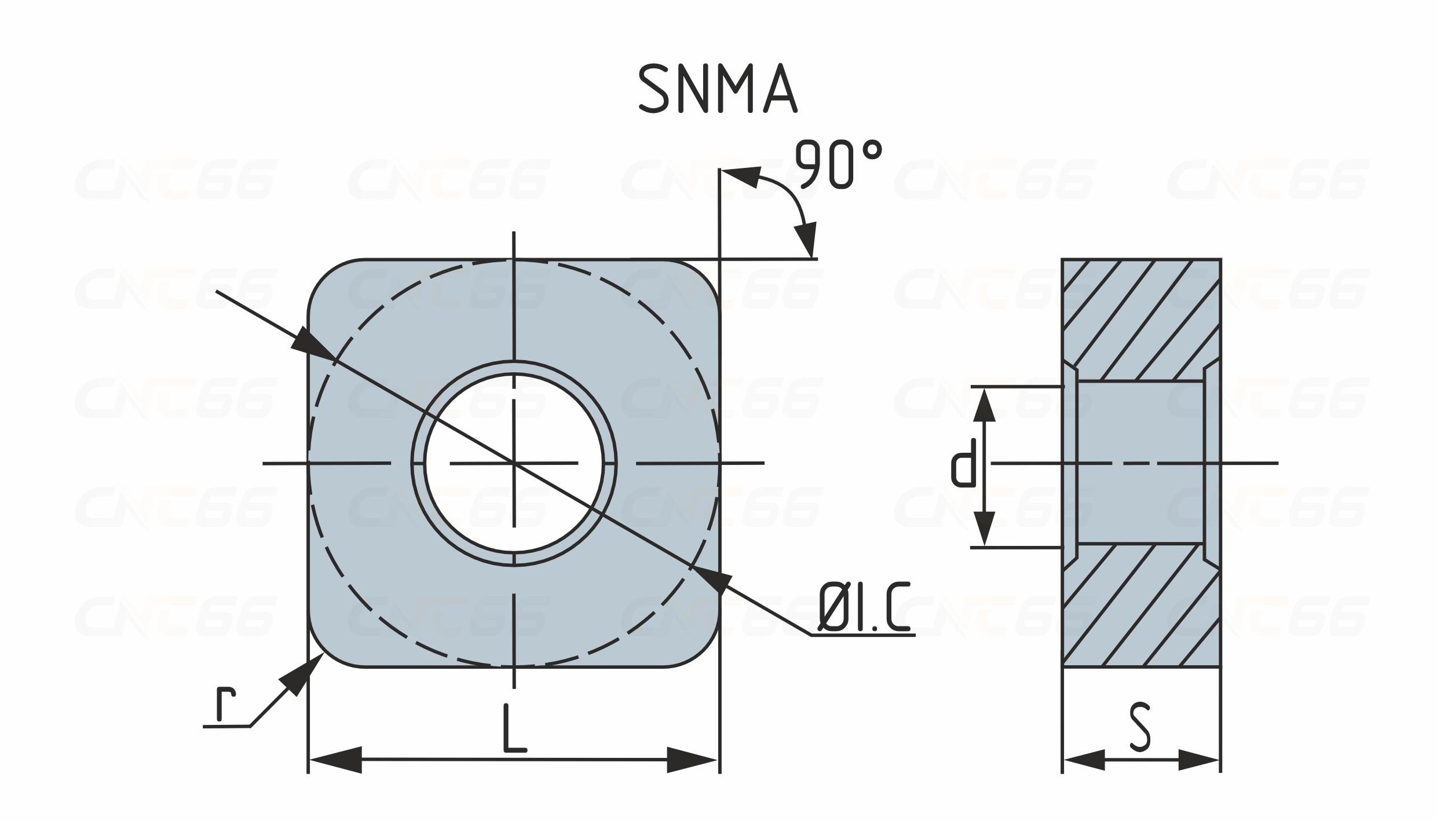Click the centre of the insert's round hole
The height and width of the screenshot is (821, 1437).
pos(514,463)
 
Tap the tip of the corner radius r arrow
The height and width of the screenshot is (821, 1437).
pos(324,653)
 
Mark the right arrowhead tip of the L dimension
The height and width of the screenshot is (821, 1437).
pos(718,760)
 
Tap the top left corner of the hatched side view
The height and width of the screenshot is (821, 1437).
pos(1062,259)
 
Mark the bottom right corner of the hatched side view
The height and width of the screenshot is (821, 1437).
pos(1221,667)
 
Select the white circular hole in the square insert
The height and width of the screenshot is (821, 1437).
pos(514,463)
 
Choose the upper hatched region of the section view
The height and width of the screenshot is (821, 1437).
pos(1141,318)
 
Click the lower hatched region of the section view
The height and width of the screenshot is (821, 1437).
pos(1141,605)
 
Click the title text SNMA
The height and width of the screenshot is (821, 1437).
pos(718,87)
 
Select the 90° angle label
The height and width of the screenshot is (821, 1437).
pos(839,163)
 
